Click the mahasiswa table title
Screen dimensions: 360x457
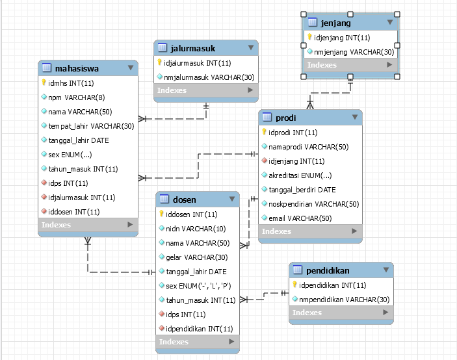[77, 67]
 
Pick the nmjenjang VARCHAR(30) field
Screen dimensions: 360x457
[354, 51]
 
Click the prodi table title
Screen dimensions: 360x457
[286, 118]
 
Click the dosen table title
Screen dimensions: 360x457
[185, 199]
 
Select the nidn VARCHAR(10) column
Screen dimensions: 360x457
[196, 228]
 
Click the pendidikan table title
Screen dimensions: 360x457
[329, 270]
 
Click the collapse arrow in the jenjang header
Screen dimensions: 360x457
[390, 23]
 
